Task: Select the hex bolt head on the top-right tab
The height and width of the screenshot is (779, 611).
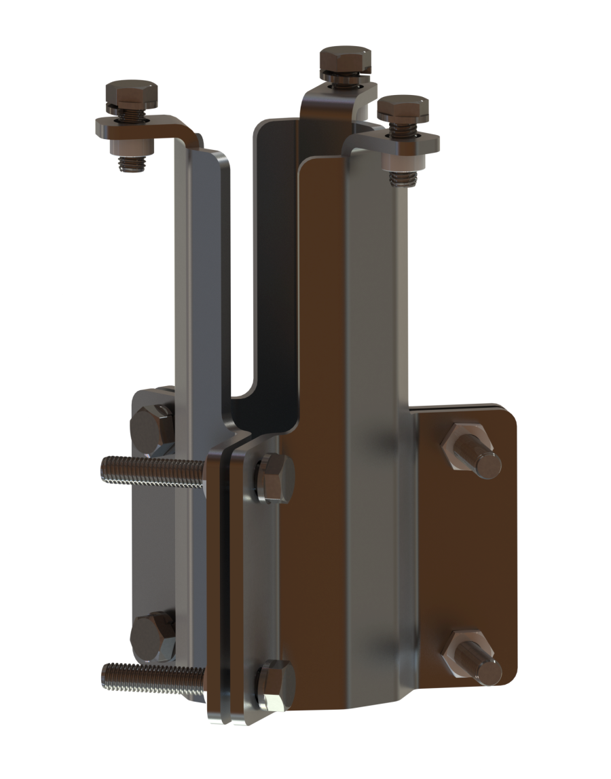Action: pos(403,109)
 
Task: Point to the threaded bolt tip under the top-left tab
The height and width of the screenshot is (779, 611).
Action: pos(132,164)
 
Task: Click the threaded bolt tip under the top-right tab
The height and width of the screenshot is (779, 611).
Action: pos(403,178)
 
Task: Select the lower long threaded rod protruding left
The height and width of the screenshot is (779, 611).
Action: pos(149,677)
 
